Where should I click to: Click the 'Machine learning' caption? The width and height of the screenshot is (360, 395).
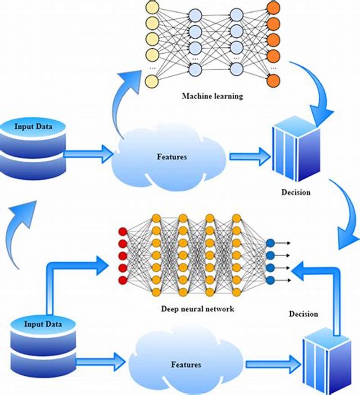(212, 96)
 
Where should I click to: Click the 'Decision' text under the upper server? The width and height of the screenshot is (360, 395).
(296, 192)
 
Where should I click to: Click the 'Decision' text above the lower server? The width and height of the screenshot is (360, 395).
(303, 313)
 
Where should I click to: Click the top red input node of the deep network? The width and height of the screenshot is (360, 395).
(122, 232)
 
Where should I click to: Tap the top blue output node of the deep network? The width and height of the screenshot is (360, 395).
(270, 244)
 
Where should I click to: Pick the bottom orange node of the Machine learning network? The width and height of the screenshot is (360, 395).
(273, 81)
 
